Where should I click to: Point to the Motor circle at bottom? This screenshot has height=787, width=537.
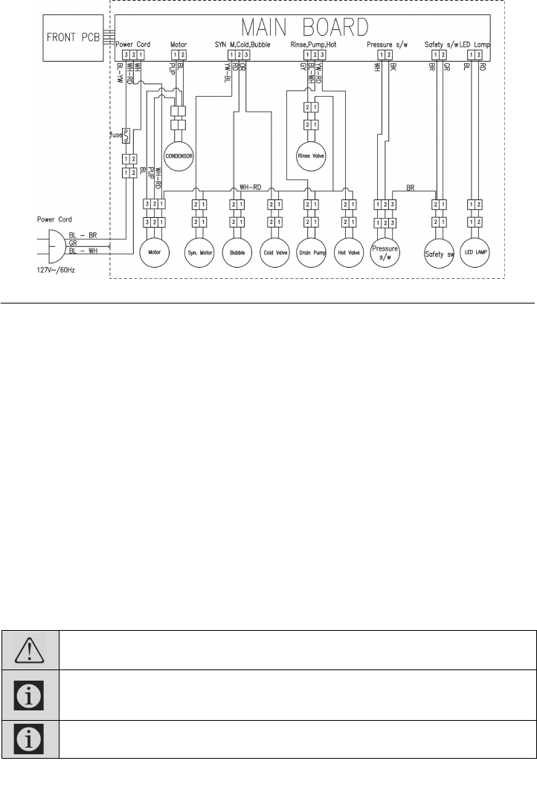point(155,252)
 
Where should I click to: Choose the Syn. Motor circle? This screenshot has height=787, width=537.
point(199,252)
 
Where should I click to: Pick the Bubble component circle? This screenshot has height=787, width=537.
point(238,252)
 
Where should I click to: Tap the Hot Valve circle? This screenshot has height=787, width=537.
point(348,252)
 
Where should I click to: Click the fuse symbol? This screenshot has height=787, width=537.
point(126,135)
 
